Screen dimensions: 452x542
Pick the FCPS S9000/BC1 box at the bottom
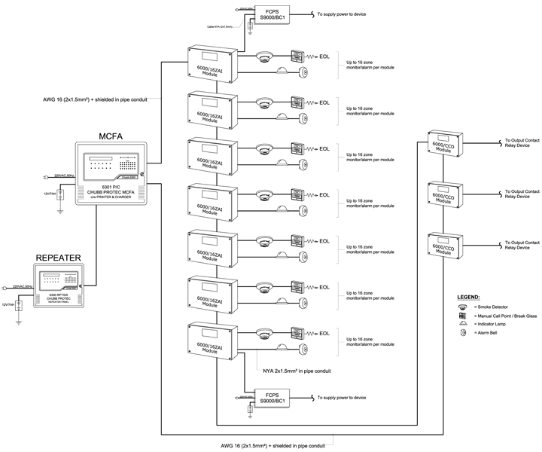[x=276, y=398]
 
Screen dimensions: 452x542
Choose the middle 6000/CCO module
[x=443, y=197]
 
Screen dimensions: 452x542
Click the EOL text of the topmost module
[x=324, y=56]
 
